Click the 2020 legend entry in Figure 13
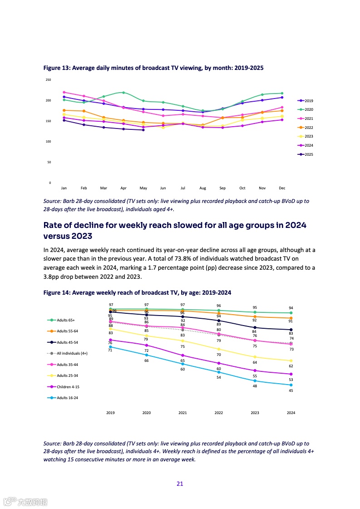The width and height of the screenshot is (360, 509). pos(305,109)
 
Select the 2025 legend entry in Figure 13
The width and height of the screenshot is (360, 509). pos(305,154)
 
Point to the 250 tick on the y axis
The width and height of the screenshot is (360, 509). pos(48,80)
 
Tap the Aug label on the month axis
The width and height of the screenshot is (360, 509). pos(202,188)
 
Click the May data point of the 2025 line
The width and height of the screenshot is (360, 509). pos(143,130)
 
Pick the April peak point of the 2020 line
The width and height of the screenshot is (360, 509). pos(123,93)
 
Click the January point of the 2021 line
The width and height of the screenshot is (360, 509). pos(64,92)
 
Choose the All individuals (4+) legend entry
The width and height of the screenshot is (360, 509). pos(69,353)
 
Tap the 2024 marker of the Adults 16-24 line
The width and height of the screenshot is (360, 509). pos(291,385)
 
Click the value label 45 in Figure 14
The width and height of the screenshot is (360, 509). pos(291,391)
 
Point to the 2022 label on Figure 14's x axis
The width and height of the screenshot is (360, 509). pos(219,413)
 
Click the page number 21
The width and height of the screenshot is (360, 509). pos(180,484)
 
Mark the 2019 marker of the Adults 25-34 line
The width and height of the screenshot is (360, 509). pos(110,329)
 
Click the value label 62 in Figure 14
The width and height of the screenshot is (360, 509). pos(291,366)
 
